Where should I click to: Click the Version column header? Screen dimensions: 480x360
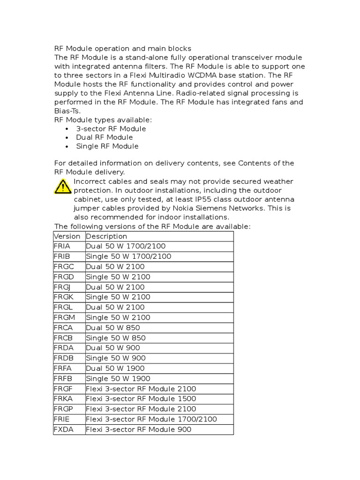67,236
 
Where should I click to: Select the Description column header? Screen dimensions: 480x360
106,236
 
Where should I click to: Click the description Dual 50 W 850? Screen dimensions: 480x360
113,328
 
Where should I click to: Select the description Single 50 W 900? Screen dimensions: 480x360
115,358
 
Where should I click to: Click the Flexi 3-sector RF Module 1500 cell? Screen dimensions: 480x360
141,399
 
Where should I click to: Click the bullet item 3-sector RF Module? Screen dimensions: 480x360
111,128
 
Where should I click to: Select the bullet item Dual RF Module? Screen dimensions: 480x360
105,137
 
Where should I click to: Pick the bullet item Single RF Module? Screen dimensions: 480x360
107,146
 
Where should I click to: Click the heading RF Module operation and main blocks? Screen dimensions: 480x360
123,48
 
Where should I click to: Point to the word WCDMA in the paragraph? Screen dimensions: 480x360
199,75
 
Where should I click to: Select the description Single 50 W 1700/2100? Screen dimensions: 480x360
128,256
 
